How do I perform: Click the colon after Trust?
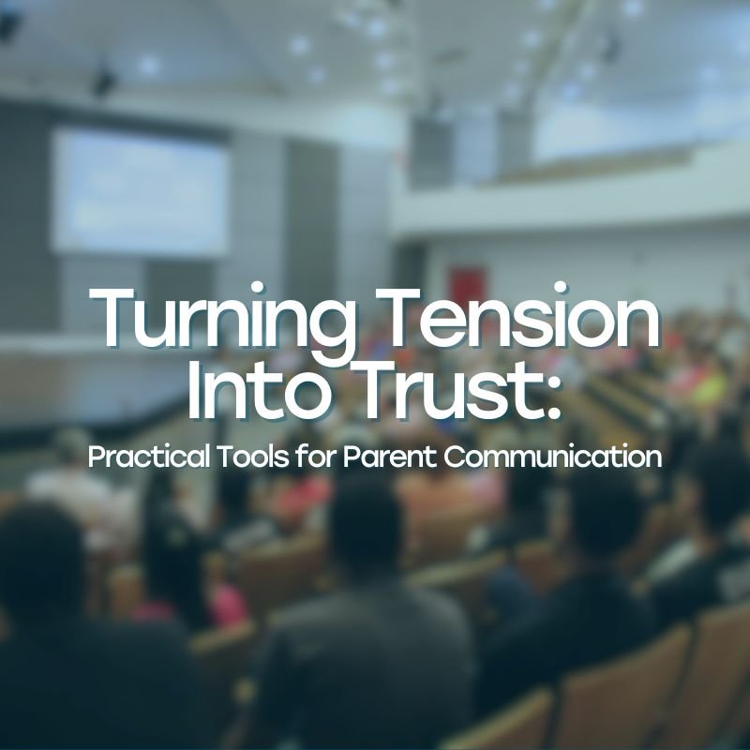coord(550,398)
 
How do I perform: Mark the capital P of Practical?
coord(96,458)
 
